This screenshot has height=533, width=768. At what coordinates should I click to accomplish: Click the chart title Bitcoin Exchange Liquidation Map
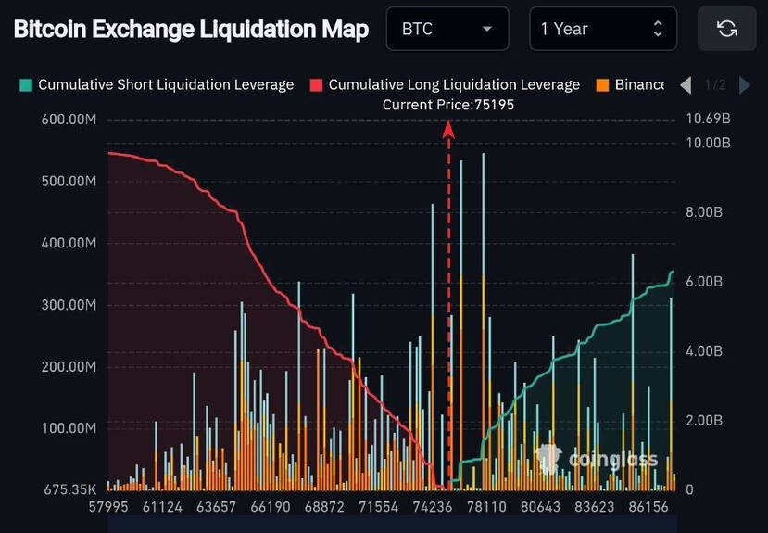pos(191,29)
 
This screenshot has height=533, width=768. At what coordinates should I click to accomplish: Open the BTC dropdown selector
pos(447,30)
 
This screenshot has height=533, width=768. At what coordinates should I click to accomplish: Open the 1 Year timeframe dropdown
pos(602,30)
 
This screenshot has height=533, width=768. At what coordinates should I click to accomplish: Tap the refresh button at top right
pos(727,30)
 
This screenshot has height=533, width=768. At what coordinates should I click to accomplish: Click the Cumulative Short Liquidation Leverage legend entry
pos(157,85)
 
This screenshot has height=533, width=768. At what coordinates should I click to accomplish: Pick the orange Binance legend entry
pos(631,85)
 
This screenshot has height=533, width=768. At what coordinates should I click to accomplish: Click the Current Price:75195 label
pos(448,105)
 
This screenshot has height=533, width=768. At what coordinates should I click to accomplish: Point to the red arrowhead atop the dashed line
pos(448,130)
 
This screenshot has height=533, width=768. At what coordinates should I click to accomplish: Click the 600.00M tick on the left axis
pos(69,120)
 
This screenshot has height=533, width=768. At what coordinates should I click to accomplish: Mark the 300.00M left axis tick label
pos(69,305)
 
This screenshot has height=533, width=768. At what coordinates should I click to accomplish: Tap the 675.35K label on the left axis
pos(69,489)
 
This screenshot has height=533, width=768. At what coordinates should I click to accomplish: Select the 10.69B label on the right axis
pos(708,119)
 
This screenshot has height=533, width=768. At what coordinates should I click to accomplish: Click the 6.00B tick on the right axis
pos(703,282)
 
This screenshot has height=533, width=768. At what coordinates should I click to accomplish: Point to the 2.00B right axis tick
pos(703,420)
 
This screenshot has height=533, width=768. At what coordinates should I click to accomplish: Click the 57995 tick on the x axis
pos(108,508)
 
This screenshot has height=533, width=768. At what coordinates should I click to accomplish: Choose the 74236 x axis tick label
pos(433,508)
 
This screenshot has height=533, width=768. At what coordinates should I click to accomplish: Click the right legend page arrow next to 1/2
pos(744,85)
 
